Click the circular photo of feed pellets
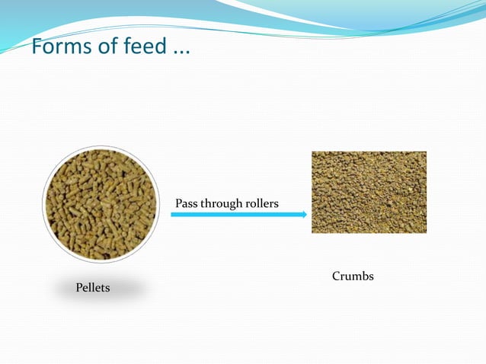click(101, 204)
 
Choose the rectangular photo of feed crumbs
click(369, 192)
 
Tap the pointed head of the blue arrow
click(305, 215)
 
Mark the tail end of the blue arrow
click(173, 215)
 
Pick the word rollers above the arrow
click(263, 203)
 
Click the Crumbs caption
click(353, 276)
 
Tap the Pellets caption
click(93, 288)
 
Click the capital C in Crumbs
click(336, 276)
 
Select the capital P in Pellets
click(79, 288)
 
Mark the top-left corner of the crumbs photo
click(312, 152)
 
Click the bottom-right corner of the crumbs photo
click(426, 232)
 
